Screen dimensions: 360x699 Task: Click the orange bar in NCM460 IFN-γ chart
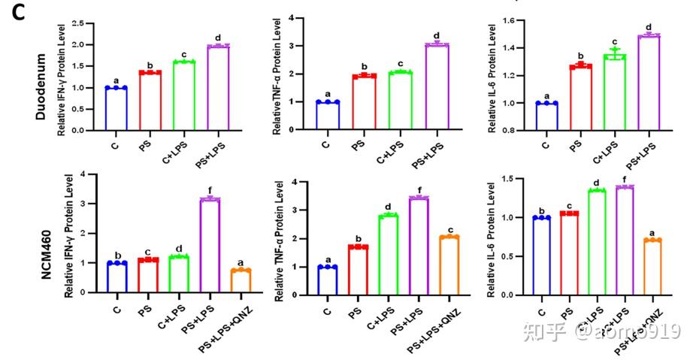click(x=241, y=282)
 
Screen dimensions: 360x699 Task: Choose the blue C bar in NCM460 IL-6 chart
click(x=540, y=256)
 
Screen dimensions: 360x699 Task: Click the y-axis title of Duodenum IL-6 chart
click(x=492, y=75)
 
